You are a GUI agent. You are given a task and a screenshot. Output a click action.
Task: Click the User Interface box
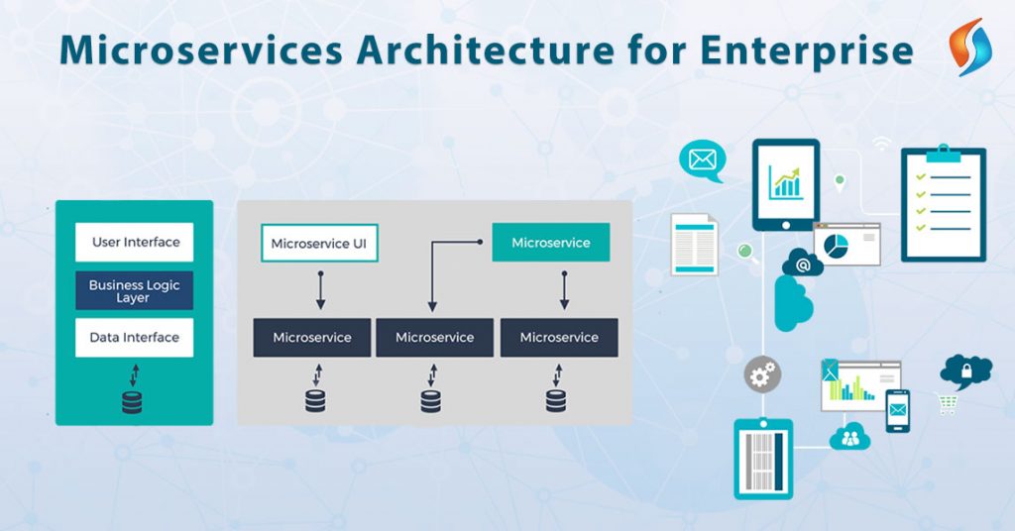[135, 242]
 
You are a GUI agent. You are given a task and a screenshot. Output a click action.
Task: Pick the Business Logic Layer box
[135, 290]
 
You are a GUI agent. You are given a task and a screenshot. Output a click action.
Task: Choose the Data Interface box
[135, 337]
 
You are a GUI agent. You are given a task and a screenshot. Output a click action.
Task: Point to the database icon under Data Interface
[132, 402]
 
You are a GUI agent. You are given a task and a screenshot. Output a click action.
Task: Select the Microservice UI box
[319, 243]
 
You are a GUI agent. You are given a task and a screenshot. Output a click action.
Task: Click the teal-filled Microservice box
[550, 243]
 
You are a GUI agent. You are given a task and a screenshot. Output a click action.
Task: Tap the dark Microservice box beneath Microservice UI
[312, 337]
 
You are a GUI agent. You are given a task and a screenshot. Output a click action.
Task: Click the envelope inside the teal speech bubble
[702, 159]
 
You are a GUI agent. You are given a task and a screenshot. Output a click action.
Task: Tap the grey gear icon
[762, 373]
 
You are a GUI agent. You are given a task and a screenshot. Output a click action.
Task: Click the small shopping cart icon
[948, 403]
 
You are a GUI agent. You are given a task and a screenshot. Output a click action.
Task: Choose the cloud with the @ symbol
[803, 265]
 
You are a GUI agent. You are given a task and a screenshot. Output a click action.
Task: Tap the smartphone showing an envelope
[897, 409]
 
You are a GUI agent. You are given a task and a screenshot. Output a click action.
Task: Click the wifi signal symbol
[880, 145]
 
